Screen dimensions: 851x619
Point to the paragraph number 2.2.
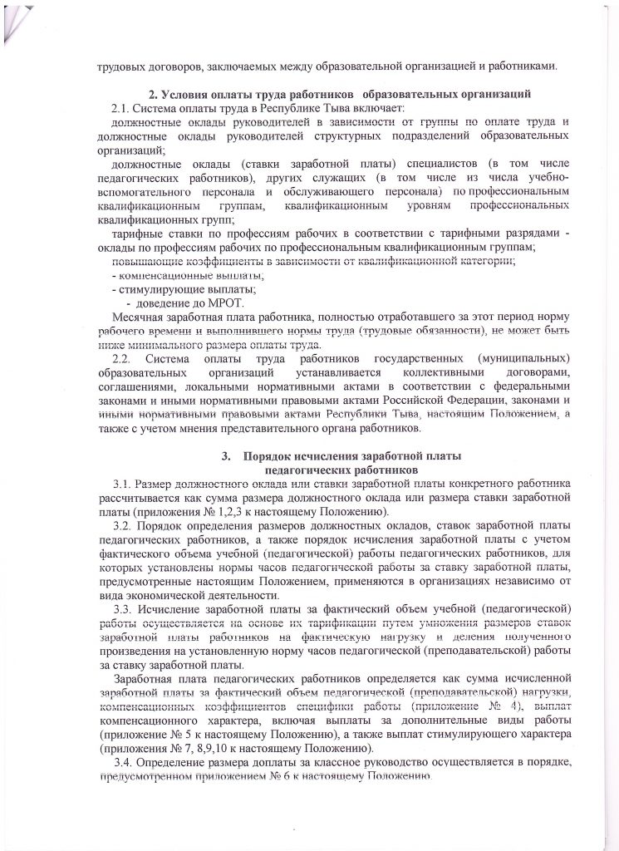click(122, 358)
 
